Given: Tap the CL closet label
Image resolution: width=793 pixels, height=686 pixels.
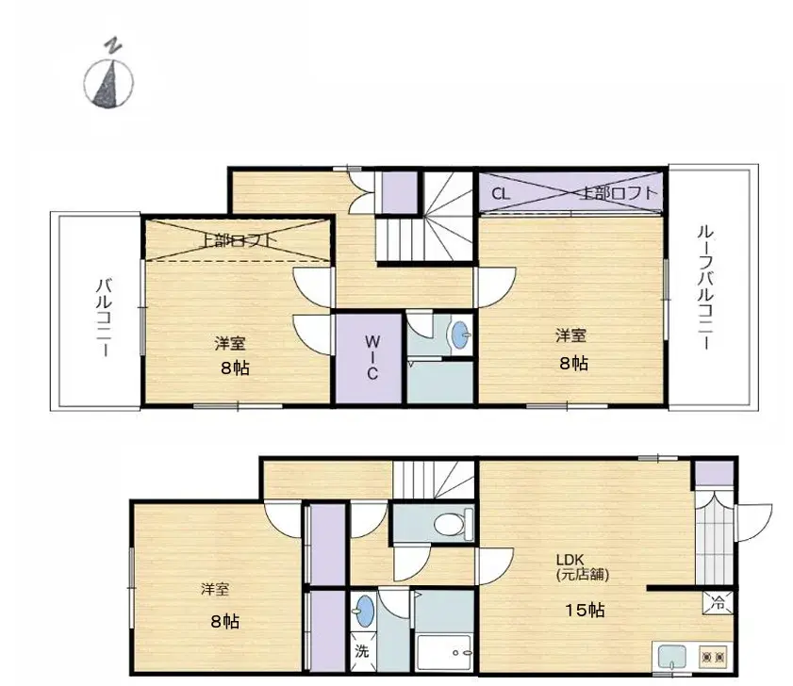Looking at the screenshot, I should (500, 194).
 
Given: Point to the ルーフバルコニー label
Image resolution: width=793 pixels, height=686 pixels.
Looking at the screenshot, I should (703, 286).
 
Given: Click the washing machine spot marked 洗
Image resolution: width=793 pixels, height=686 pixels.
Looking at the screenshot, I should (362, 651).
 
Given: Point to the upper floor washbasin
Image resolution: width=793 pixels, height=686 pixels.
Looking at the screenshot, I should (459, 335).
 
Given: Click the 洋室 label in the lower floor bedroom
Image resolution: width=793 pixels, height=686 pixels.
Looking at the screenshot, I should (215, 590).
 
